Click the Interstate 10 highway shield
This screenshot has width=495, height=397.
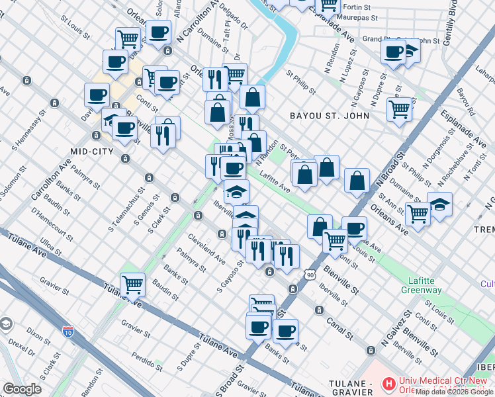pyautogui.click(x=68, y=331)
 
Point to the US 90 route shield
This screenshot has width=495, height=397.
pyautogui.click(x=310, y=275)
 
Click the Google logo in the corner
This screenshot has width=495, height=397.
pyautogui.click(x=21, y=389)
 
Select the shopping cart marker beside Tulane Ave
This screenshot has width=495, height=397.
pyautogui.click(x=132, y=285)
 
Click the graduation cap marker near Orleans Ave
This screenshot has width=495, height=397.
pyautogui.click(x=439, y=204)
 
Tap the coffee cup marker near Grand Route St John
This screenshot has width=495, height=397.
pyautogui.click(x=394, y=51)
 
